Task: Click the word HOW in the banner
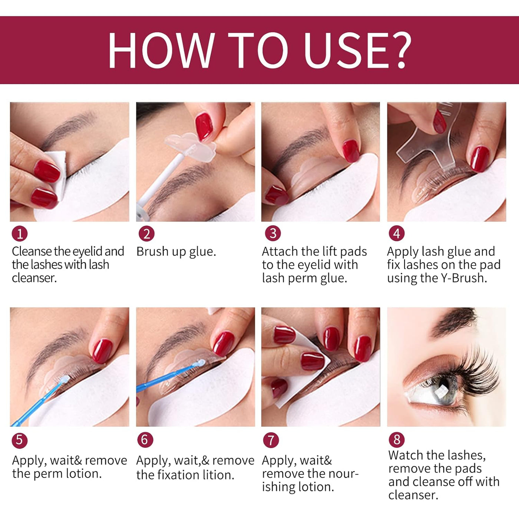click(x=161, y=50)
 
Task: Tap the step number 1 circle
click(x=20, y=234)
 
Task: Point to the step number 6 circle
click(x=145, y=440)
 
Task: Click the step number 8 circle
click(x=397, y=440)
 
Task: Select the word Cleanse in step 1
click(x=32, y=252)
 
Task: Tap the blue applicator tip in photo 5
click(x=65, y=380)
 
